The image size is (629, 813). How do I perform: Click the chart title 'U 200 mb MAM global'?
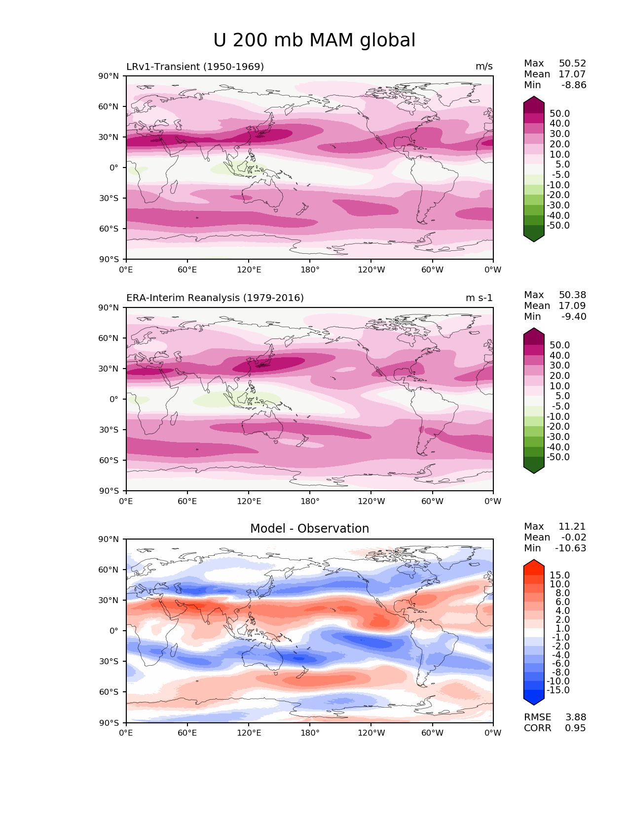(x=314, y=40)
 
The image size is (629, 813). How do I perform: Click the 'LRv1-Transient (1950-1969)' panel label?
(x=195, y=67)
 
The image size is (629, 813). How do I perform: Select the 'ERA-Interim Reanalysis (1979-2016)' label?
(x=215, y=298)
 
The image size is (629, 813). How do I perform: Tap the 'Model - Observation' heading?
(x=309, y=529)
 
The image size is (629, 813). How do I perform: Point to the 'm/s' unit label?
(x=484, y=67)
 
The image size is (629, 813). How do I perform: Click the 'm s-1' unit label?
(x=479, y=298)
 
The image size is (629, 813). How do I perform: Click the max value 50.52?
(x=572, y=64)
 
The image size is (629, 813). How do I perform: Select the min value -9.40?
(x=574, y=317)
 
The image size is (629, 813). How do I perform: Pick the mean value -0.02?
(x=574, y=538)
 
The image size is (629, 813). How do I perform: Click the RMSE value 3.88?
(x=576, y=717)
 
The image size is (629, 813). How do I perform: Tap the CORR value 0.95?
(x=576, y=728)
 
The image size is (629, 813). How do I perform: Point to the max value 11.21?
(x=572, y=527)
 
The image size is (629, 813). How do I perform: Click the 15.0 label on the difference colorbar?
(x=560, y=576)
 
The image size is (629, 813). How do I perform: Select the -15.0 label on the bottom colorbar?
(x=558, y=690)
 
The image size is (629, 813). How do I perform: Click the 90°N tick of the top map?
(x=109, y=76)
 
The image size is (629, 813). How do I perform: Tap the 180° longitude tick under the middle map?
(x=310, y=502)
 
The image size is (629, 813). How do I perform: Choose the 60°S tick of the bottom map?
(x=109, y=692)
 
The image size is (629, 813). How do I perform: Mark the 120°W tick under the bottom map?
(x=371, y=733)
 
